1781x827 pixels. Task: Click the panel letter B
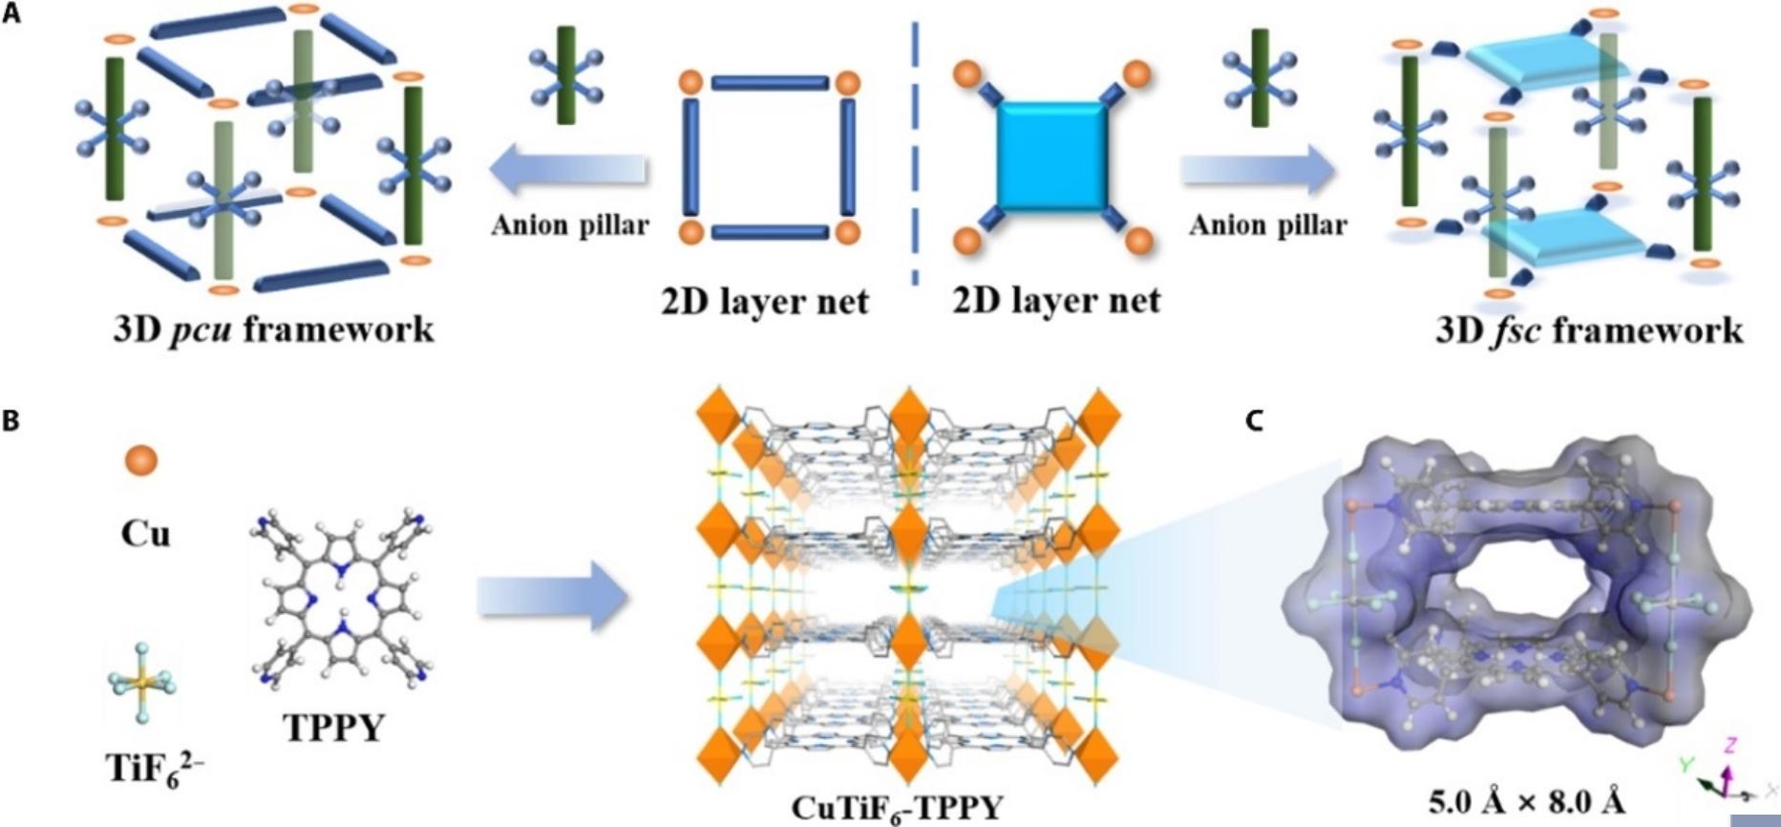pyautogui.click(x=11, y=421)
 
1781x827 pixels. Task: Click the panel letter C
pyautogui.click(x=1256, y=421)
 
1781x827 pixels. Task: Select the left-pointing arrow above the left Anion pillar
pyautogui.click(x=568, y=171)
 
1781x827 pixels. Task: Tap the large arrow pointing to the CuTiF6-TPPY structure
pyautogui.click(x=552, y=597)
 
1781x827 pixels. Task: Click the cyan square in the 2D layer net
pyautogui.click(x=1052, y=157)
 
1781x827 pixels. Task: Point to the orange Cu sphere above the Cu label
pyautogui.click(x=141, y=460)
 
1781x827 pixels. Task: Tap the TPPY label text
pyautogui.click(x=334, y=728)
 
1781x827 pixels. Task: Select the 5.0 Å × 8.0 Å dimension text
pyautogui.click(x=1526, y=800)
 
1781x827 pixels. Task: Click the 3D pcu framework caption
pyautogui.click(x=273, y=330)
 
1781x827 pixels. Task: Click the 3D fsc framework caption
pyautogui.click(x=1589, y=330)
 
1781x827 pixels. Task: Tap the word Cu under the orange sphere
pyautogui.click(x=144, y=534)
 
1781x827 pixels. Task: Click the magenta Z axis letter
pyautogui.click(x=1729, y=745)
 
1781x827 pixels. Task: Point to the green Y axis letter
pyautogui.click(x=1686, y=765)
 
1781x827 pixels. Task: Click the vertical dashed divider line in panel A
pyautogui.click(x=915, y=153)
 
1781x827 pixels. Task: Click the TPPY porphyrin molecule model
pyautogui.click(x=342, y=598)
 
